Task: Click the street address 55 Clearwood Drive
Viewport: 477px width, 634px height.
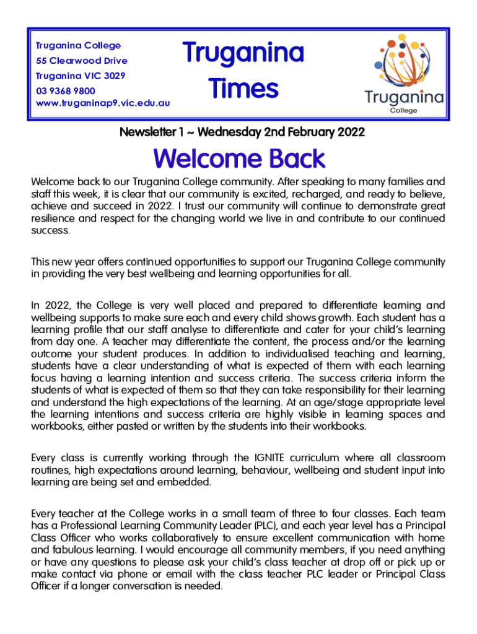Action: tap(82, 61)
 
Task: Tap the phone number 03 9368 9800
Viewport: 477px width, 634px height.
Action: tap(65, 90)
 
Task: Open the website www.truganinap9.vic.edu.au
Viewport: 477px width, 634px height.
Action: tap(103, 103)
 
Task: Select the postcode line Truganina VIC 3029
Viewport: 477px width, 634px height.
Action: tap(81, 76)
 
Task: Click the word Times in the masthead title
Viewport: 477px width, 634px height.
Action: tap(243, 89)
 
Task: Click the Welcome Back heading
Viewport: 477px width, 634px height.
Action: tap(239, 159)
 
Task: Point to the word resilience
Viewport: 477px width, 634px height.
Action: tap(56, 219)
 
